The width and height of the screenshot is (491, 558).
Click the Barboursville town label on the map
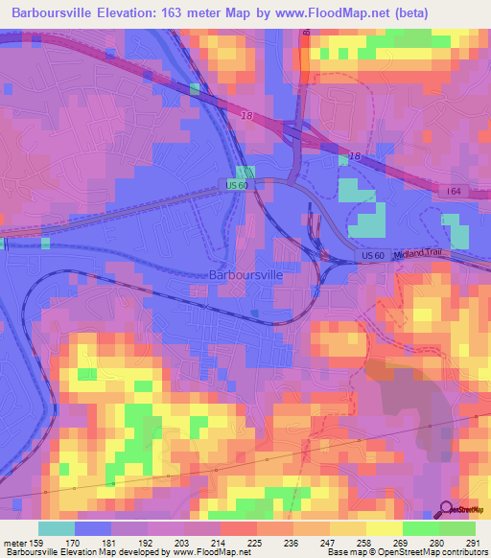point(246,274)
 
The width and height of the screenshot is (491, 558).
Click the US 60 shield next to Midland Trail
point(373,256)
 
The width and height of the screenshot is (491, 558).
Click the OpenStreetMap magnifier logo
point(447,511)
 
